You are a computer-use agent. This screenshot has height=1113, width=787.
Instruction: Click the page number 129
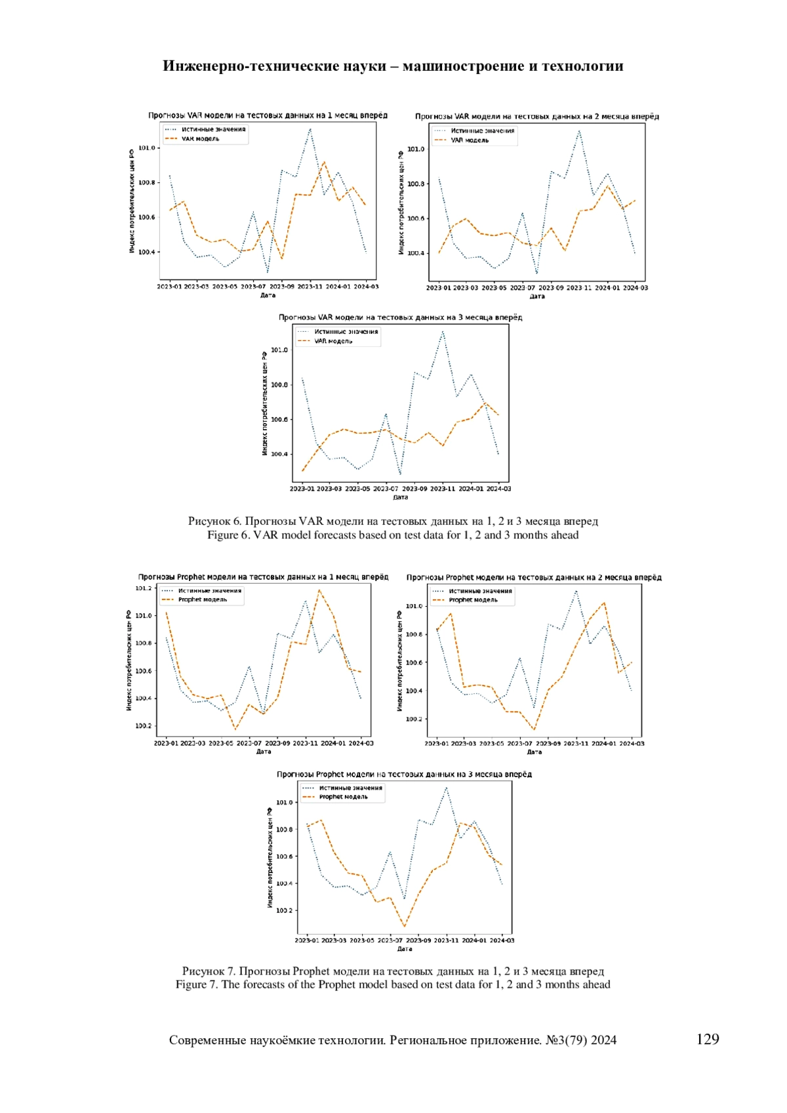(707, 1039)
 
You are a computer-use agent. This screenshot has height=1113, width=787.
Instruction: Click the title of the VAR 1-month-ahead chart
(268, 115)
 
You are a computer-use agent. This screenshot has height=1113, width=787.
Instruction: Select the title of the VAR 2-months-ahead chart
(536, 117)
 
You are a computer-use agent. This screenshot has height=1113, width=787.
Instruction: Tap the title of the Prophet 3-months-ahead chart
(404, 774)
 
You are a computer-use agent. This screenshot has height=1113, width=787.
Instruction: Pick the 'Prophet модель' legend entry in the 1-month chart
(203, 599)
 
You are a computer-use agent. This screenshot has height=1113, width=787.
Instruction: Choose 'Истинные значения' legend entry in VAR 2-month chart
(482, 131)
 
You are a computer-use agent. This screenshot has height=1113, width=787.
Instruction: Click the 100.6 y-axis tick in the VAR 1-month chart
(146, 217)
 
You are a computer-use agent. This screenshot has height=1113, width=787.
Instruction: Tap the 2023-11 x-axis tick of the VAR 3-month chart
(442, 489)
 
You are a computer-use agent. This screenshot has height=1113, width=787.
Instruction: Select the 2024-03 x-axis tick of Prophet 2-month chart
(632, 744)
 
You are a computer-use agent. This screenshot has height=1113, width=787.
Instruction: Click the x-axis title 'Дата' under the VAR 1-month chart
(268, 295)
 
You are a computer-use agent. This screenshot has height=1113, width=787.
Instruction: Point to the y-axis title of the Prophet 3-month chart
(270, 858)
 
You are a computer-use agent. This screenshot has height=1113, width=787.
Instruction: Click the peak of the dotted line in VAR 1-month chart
(310, 129)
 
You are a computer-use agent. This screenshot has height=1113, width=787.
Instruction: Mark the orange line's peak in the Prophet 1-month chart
(319, 590)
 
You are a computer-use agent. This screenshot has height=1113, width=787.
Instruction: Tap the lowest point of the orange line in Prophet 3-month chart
(405, 927)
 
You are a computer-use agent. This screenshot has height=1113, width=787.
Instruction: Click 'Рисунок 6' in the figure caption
(214, 521)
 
